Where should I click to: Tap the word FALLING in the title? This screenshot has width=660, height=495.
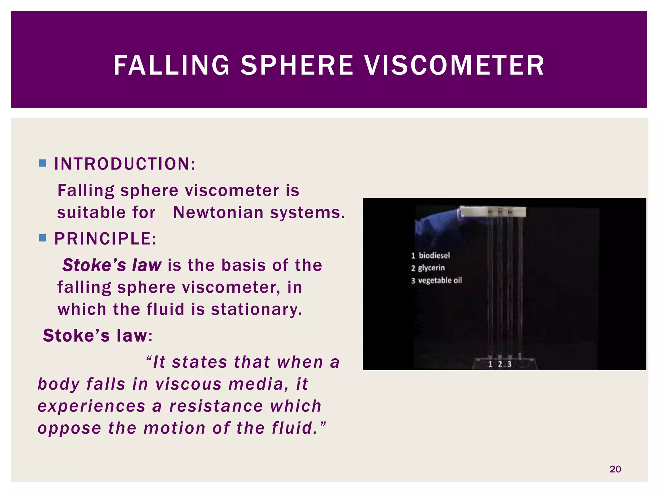click(171, 65)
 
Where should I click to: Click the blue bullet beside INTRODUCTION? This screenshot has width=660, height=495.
click(42, 163)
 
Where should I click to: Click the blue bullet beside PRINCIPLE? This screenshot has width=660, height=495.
click(42, 238)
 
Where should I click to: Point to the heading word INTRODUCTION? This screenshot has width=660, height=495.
click(124, 164)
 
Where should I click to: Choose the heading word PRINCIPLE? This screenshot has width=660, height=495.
click(105, 239)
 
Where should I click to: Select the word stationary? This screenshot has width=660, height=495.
click(257, 309)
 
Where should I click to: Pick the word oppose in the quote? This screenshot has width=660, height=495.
click(70, 429)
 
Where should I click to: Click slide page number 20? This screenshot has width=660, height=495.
click(615, 469)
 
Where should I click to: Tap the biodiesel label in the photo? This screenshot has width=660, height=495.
click(434, 256)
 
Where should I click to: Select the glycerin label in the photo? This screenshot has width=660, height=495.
click(431, 268)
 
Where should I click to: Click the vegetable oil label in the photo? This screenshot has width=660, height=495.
click(440, 280)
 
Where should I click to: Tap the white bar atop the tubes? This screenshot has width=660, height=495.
click(493, 212)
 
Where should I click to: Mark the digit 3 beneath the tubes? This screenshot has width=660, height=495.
click(509, 364)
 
